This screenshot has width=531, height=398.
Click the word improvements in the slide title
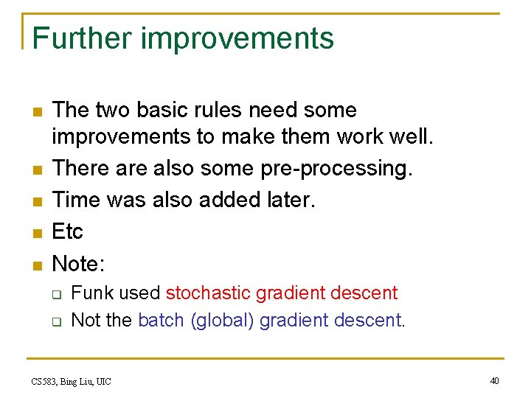click(237, 38)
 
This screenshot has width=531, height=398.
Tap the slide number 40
click(494, 380)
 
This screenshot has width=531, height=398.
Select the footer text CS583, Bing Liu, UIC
click(71, 381)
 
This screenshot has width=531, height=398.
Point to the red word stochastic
click(209, 293)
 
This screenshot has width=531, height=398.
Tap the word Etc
click(68, 231)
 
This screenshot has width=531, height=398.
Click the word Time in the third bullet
click(76, 200)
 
